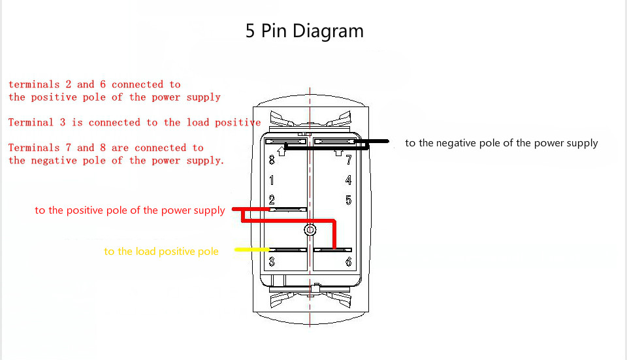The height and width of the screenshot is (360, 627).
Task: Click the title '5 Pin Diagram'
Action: click(304, 31)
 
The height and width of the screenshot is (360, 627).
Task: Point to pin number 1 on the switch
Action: click(272, 180)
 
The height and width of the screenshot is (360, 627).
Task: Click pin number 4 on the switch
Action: click(349, 180)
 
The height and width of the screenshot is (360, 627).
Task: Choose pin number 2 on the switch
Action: click(272, 200)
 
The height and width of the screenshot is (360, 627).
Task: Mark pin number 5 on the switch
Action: click(349, 200)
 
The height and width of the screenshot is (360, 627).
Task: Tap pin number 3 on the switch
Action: click(272, 262)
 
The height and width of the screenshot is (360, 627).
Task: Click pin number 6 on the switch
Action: click(349, 262)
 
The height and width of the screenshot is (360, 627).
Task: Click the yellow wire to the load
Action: click(251, 250)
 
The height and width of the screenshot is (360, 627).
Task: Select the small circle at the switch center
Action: click(310, 230)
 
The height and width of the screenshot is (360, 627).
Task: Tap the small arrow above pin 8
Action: click(281, 152)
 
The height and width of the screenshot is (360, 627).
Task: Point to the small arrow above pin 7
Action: click(338, 152)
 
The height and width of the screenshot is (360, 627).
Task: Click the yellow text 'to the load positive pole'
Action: click(161, 252)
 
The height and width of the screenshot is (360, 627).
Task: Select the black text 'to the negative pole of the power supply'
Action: click(501, 143)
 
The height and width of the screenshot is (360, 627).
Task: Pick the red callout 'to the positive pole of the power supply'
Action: click(130, 210)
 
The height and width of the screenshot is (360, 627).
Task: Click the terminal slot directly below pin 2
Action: click(287, 210)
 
